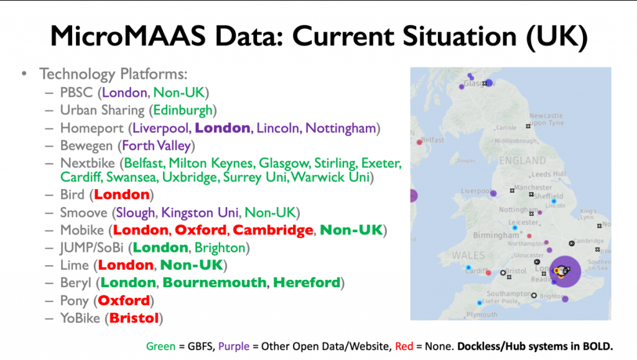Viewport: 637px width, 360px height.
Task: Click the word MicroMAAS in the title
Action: point(128,36)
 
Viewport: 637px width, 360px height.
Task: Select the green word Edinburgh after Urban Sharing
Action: point(183,111)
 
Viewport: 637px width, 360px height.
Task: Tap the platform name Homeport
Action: point(92,128)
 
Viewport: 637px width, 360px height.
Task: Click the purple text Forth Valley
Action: point(156,145)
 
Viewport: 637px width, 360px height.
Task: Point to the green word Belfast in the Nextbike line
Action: point(144,163)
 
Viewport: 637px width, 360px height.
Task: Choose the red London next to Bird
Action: point(122,195)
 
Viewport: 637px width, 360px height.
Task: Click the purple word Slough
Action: point(135,213)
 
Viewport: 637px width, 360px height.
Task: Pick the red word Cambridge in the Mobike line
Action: point(273,230)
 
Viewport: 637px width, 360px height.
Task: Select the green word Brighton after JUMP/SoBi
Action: point(220,248)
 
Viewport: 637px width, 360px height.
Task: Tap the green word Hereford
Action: point(307,282)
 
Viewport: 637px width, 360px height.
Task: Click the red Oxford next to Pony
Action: point(124,301)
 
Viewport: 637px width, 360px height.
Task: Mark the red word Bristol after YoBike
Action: point(134,318)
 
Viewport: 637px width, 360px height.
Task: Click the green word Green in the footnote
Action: point(161,346)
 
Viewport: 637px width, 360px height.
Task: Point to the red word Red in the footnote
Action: point(404,346)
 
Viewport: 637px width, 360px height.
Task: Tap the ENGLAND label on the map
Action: point(523,160)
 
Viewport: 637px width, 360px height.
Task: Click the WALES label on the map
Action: point(468,256)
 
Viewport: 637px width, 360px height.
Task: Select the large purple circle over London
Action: point(565,272)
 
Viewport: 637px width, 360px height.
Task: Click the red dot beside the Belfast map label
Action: point(419,142)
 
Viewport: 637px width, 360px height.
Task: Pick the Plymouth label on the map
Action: point(482,315)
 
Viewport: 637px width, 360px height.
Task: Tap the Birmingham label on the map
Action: point(496,236)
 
